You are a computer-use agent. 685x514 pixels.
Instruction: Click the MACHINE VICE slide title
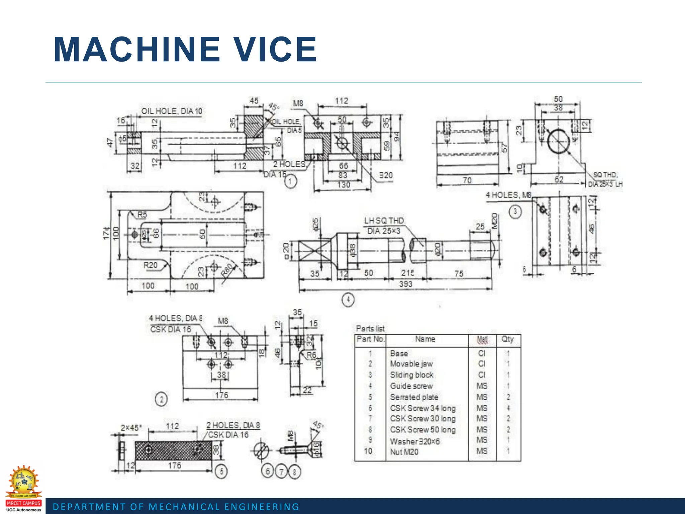point(185,50)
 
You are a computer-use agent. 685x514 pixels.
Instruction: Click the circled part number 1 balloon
point(290,182)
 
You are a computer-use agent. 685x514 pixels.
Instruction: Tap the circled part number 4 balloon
point(348,299)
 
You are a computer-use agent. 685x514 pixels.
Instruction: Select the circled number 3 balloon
point(515,211)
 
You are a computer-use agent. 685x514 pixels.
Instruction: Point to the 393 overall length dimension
point(405,284)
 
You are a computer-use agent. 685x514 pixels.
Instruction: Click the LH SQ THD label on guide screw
point(384,221)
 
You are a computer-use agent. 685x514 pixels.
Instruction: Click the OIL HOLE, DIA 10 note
point(172,111)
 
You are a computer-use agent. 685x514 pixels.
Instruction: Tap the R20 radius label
point(150,265)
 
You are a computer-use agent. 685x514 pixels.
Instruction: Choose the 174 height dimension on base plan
point(106,233)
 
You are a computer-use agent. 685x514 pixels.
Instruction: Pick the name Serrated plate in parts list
point(414,397)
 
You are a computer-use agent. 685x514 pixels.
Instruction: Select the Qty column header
point(507,339)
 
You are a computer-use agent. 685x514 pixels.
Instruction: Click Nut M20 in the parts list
point(404,452)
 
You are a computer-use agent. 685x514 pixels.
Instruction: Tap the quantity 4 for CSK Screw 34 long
point(508,408)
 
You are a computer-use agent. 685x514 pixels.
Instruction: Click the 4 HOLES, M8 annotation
point(508,195)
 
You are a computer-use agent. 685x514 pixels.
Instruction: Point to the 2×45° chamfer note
point(131,428)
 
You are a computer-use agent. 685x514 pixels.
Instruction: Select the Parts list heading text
point(370,329)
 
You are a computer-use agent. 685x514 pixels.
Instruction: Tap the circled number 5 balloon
point(221,472)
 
